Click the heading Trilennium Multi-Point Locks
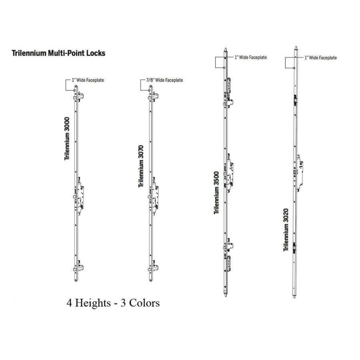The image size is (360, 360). pyautogui.click(x=58, y=53)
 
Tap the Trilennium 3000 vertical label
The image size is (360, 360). pyautogui.click(x=67, y=139)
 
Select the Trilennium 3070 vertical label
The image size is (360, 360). pyautogui.click(x=141, y=166)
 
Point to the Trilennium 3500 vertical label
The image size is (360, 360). pyautogui.click(x=216, y=193)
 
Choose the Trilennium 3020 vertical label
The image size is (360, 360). pyautogui.click(x=286, y=230)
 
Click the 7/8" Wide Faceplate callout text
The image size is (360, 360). pyautogui.click(x=165, y=80)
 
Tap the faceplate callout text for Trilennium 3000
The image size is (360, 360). pyautogui.click(x=88, y=80)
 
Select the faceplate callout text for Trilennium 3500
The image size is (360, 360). pyautogui.click(x=251, y=57)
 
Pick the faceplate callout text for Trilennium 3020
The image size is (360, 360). pyautogui.click(x=321, y=58)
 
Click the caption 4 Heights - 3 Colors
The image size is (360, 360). pyautogui.click(x=113, y=303)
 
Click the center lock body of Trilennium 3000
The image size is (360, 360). pyautogui.click(x=79, y=196)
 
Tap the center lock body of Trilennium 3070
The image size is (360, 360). pyautogui.click(x=154, y=196)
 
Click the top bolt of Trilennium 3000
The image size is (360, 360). pyautogui.click(x=78, y=96)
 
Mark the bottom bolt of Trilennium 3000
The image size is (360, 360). pyautogui.click(x=78, y=267)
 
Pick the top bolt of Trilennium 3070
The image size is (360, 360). pyautogui.click(x=153, y=96)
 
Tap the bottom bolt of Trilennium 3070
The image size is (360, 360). pyautogui.click(x=153, y=267)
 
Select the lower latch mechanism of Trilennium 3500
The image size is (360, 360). pyautogui.click(x=228, y=255)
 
